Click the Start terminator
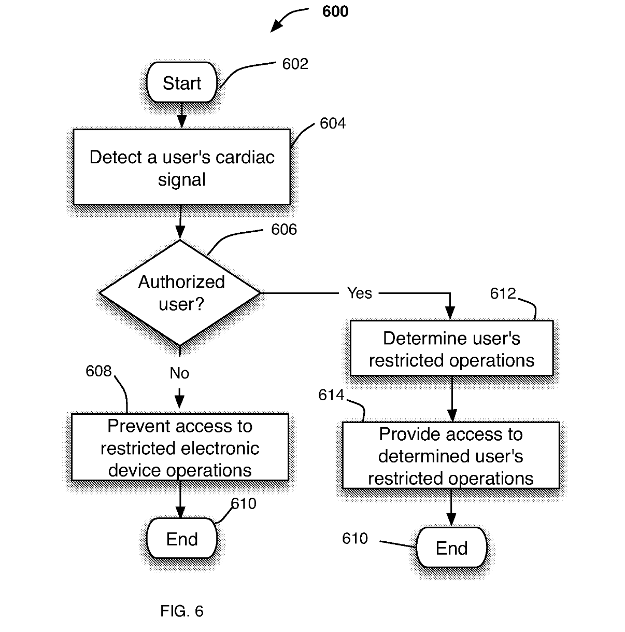[182, 82]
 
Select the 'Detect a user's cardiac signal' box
[182, 167]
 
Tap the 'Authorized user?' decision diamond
[180, 293]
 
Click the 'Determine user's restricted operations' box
[451, 348]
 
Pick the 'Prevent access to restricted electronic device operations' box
[180, 447]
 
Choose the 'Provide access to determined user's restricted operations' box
[451, 456]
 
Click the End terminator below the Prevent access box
[182, 539]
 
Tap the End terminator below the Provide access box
[451, 548]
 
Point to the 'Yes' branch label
[360, 293]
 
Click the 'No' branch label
[179, 373]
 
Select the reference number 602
[295, 64]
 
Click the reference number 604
[332, 123]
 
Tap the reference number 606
[284, 229]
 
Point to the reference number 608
[98, 371]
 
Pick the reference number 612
[503, 294]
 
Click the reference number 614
[331, 395]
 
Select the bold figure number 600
[335, 11]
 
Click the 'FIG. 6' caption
[181, 611]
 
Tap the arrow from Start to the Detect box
[181, 115]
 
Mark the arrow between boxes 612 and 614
[452, 399]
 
